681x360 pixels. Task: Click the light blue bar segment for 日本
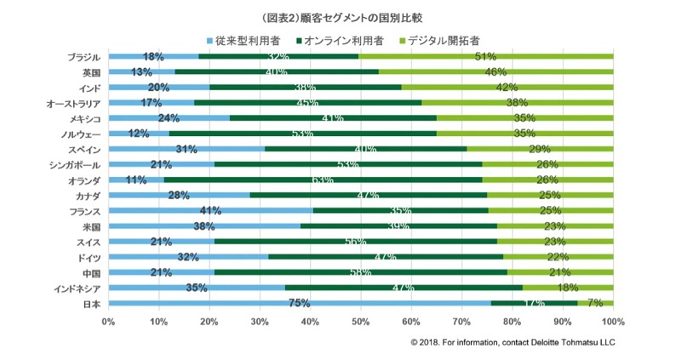(299, 303)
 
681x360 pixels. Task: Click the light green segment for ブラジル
(485, 56)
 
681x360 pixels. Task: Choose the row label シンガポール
(75, 164)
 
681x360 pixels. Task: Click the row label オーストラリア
(74, 103)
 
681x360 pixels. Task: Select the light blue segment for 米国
(204, 226)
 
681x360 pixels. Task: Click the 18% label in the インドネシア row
(568, 288)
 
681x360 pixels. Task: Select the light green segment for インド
(506, 87)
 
